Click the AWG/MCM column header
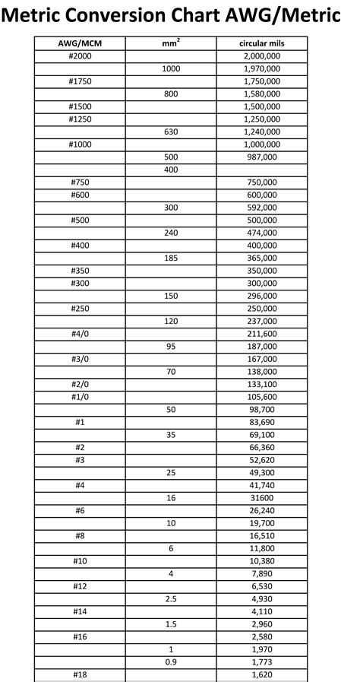coord(80,43)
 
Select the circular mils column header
coord(262,43)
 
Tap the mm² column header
coord(171,43)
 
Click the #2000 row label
coord(80,56)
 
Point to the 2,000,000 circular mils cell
coord(262,56)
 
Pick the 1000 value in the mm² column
coord(171,68)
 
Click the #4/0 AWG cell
coord(80,333)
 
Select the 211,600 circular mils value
coord(262,333)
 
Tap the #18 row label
coord(80,674)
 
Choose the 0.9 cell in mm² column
coord(171,661)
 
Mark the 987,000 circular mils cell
coord(262,157)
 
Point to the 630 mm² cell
coord(171,132)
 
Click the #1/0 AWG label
coord(80,396)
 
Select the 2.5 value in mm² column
coord(171,598)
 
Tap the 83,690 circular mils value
coord(262,421)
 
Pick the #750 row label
coord(80,182)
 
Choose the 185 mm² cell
coord(171,258)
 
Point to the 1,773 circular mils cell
coord(262,661)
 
